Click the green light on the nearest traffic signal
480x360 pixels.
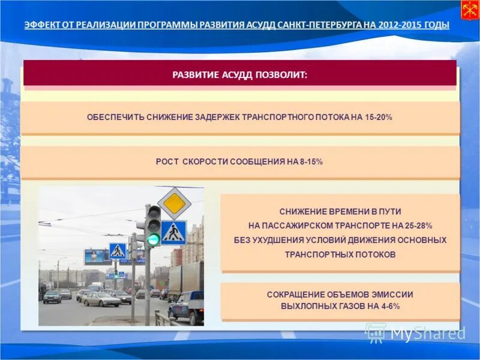click(x=154, y=239)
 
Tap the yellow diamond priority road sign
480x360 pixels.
click(x=174, y=203)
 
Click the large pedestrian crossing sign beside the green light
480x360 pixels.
click(x=173, y=233)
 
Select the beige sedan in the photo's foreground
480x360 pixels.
click(x=102, y=299)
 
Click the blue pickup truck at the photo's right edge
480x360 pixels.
click(x=187, y=306)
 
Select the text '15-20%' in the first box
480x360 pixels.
click(x=379, y=117)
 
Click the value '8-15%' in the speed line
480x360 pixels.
click(x=310, y=162)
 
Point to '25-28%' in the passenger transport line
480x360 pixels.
click(x=418, y=226)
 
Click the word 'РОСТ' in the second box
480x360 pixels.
click(x=166, y=162)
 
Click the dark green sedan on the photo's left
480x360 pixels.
click(x=52, y=297)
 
